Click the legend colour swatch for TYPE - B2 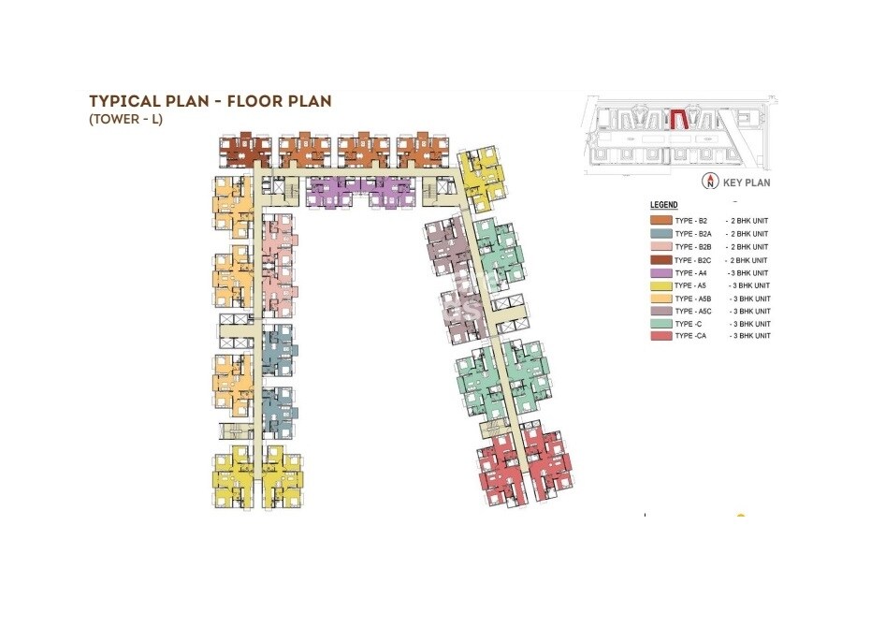pyautogui.click(x=660, y=222)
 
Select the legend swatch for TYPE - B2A pyautogui.click(x=660, y=234)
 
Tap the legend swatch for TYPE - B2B pyautogui.click(x=660, y=247)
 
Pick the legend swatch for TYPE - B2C pyautogui.click(x=660, y=260)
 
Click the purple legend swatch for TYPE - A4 pyautogui.click(x=660, y=272)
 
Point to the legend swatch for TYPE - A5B pyautogui.click(x=660, y=298)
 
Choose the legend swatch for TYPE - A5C pyautogui.click(x=660, y=311)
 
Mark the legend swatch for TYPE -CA pyautogui.click(x=660, y=335)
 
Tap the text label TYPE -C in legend pyautogui.click(x=689, y=323)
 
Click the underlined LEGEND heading pyautogui.click(x=663, y=205)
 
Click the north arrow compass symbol pyautogui.click(x=712, y=182)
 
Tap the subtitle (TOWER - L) pyautogui.click(x=125, y=120)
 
